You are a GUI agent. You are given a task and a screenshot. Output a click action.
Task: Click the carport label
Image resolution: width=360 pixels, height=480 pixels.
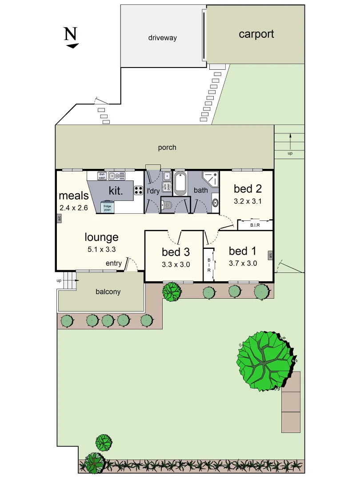click(x=256, y=34)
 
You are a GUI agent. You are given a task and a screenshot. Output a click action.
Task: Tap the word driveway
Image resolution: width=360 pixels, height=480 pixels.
click(x=162, y=38)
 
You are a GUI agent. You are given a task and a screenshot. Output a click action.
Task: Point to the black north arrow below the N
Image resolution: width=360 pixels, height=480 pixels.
click(x=72, y=45)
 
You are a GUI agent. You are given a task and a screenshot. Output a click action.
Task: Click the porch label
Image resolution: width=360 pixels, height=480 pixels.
click(x=167, y=148)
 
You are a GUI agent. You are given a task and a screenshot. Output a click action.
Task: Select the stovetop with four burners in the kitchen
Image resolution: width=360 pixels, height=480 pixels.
click(x=138, y=190)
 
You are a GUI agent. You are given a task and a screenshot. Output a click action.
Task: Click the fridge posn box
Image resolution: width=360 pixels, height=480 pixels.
click(x=107, y=208)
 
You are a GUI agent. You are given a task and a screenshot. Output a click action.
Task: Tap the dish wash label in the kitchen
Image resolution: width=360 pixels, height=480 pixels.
click(x=101, y=176)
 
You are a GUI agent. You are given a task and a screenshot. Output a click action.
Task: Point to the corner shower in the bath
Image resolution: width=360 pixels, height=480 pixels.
click(x=211, y=179)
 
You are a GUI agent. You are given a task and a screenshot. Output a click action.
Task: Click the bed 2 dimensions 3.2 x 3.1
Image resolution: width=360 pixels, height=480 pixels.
click(x=248, y=201)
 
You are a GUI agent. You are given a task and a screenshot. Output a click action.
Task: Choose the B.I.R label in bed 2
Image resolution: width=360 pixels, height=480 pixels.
click(x=255, y=225)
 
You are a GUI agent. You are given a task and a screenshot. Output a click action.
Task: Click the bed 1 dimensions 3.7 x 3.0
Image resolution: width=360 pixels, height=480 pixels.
click(x=243, y=263)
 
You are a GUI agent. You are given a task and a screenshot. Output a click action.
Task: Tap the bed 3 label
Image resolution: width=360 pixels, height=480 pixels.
click(x=176, y=252)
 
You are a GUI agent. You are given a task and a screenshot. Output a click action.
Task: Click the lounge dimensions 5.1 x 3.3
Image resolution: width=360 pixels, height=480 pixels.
click(x=102, y=249)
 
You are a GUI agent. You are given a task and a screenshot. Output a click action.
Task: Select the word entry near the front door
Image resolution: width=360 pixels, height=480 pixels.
click(x=113, y=264)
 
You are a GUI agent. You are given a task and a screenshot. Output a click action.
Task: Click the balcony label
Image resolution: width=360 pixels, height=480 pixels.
click(x=108, y=292)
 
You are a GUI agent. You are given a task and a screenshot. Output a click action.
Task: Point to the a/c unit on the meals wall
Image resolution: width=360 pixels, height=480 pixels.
click(x=59, y=218)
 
